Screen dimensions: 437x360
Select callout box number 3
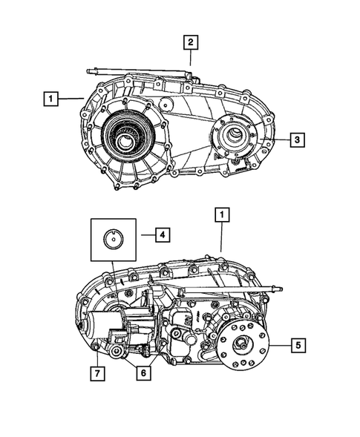tap(295, 139)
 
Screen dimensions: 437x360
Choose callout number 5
tap(297, 345)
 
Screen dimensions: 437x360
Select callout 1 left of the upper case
tap(50, 97)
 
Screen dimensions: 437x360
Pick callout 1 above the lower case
tap(220, 214)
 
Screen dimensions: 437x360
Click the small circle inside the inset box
tap(113, 238)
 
